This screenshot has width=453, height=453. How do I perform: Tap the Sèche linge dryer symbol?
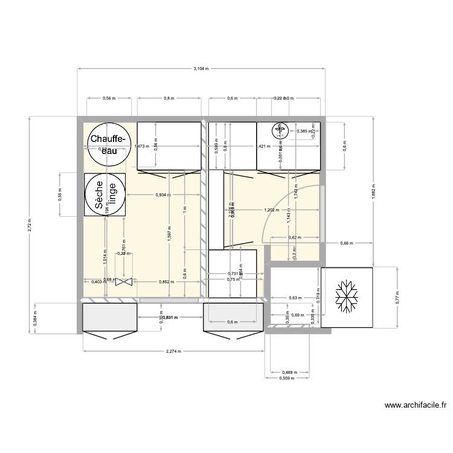coord(105,194)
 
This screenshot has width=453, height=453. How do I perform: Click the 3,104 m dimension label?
coord(201,69)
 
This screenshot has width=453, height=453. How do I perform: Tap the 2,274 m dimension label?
coord(172,352)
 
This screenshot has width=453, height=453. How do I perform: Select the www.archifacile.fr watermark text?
coord(415,406)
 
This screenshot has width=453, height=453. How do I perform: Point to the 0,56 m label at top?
coord(108,98)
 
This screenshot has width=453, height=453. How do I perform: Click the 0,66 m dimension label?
coord(346,243)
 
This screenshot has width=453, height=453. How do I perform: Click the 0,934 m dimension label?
coord(162,194)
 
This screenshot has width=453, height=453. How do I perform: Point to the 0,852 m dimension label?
coord(160,281)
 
